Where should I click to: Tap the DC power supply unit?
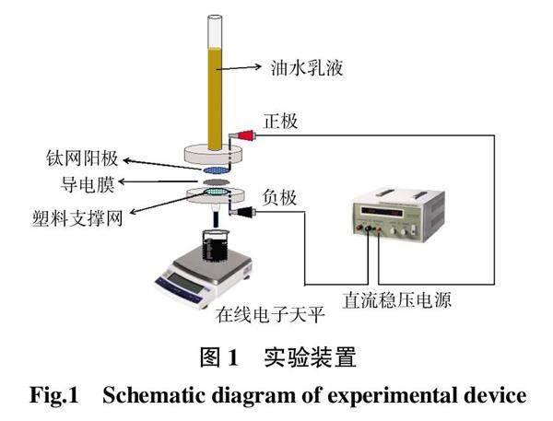click(397, 216)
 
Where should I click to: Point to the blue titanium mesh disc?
click(214, 171)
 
